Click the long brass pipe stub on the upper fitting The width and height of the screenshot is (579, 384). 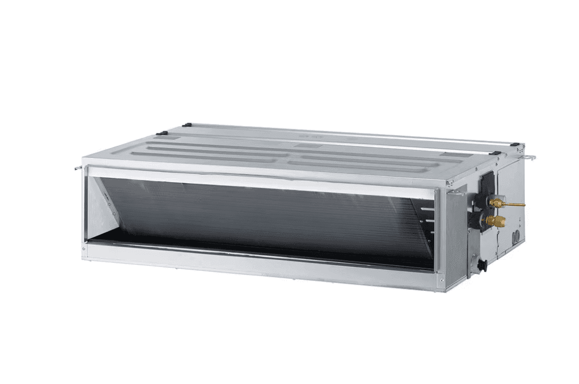(x=515, y=204)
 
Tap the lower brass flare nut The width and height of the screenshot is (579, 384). (x=496, y=221)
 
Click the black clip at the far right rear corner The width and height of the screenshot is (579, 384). (x=515, y=145)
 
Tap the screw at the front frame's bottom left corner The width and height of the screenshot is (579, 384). (x=85, y=248)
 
